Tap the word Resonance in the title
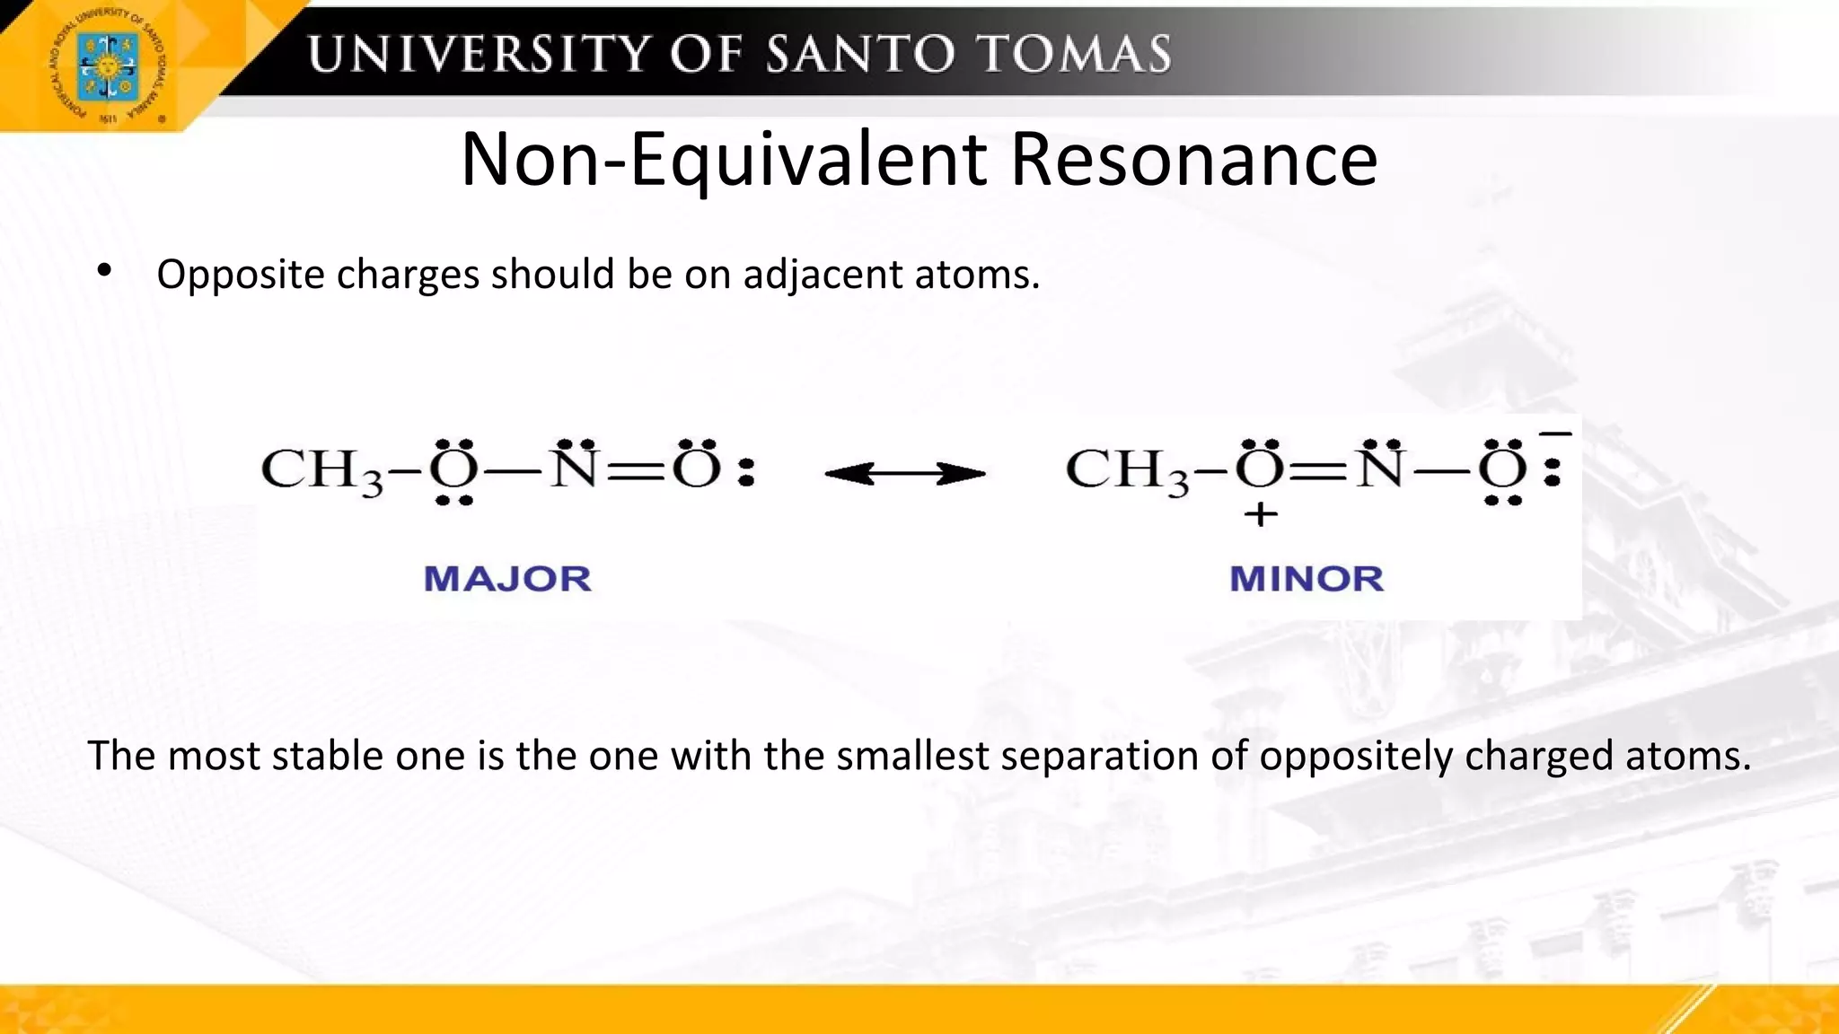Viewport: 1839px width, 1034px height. point(1193,159)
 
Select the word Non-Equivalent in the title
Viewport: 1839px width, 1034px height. point(724,159)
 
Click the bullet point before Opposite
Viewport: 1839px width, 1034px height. point(105,270)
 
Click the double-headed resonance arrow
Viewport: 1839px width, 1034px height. point(904,474)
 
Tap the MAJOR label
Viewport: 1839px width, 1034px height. point(507,579)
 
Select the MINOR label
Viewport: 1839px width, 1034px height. point(1307,579)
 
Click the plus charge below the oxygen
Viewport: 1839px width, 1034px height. point(1261,515)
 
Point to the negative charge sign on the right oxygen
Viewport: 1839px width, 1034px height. point(1555,435)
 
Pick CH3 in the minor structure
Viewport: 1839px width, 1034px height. point(1126,470)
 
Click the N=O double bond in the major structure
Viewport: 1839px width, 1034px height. point(636,472)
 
